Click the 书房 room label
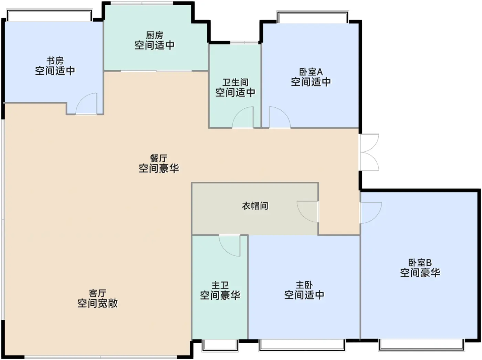(55, 61)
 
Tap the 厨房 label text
(154, 35)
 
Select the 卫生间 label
(235, 82)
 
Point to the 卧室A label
(311, 72)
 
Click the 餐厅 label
(159, 158)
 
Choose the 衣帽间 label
(255, 206)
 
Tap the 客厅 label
(97, 293)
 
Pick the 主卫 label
(220, 285)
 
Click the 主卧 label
(304, 285)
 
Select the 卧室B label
(420, 263)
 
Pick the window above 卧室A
(313, 17)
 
